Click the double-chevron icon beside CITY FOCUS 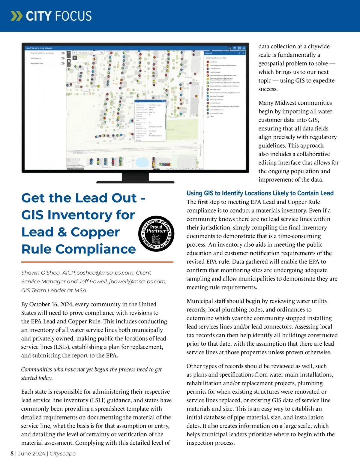click(16, 16)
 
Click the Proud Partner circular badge click(156, 234)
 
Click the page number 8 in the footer click(12, 453)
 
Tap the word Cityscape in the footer click(62, 453)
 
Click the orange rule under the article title click(97, 262)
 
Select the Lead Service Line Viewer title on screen click(39, 48)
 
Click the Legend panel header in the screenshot click(209, 53)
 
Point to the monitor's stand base click(135, 182)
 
